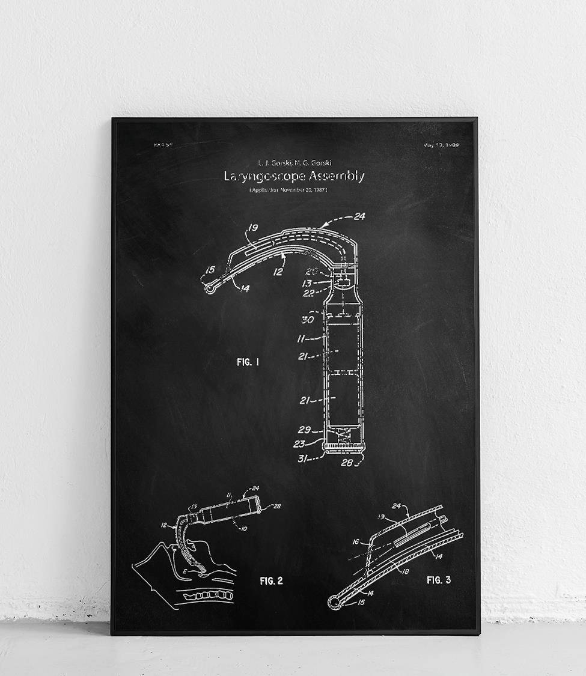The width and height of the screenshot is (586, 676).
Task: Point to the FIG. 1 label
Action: coord(248,362)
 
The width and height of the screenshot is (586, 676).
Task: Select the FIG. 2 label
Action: coord(271,580)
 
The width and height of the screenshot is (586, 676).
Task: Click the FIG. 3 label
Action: coord(438,580)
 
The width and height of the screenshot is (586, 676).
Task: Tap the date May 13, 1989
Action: coord(441,145)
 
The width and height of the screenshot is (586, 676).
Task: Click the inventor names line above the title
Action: coord(294,162)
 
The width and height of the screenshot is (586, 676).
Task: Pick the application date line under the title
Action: coord(288,190)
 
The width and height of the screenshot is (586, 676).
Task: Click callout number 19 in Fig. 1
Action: coord(252,228)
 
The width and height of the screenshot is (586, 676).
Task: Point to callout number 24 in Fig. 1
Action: coord(359,217)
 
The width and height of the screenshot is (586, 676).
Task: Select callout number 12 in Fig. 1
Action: coord(278,272)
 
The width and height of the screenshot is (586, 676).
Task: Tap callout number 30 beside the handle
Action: coord(307,320)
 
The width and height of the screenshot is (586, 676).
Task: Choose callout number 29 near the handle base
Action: coord(304,430)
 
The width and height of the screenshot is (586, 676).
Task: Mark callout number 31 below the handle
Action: coord(305,460)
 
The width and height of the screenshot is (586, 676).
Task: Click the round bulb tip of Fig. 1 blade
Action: coord(209,289)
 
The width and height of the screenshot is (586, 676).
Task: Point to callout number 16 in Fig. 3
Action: coord(356,542)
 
